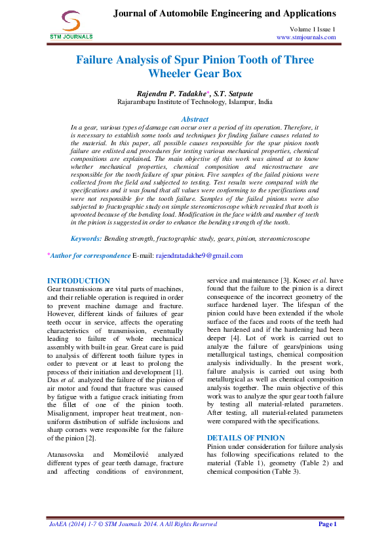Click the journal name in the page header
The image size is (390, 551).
point(225,13)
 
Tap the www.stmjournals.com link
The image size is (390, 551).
point(306,37)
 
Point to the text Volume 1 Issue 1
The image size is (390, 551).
point(313,29)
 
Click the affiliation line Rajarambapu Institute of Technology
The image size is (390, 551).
point(195,102)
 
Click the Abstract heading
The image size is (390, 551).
point(195,119)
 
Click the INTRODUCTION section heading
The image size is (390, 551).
point(79,280)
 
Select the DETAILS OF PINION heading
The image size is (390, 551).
point(245,437)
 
